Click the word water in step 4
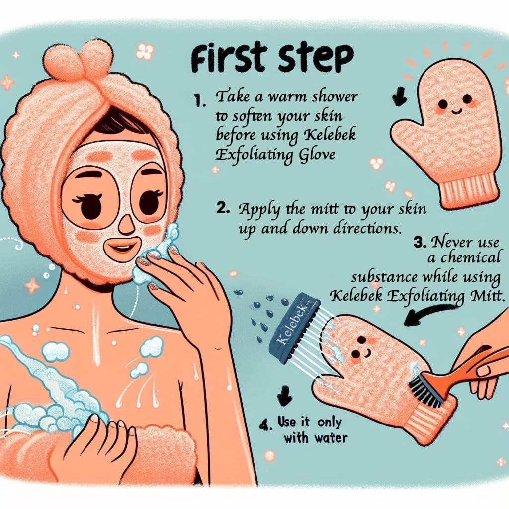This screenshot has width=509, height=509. pos(331,438)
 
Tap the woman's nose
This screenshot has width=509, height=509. pos(126,224)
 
